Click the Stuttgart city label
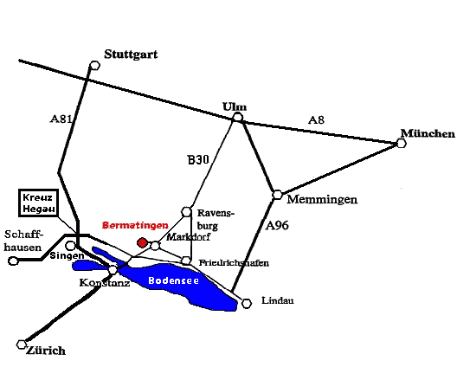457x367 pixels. point(131,55)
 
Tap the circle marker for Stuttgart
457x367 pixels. point(94,65)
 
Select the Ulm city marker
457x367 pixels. point(238,117)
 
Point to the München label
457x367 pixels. point(428,133)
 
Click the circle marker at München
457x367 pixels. point(402,143)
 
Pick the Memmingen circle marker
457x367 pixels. point(278,195)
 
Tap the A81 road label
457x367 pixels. point(61,119)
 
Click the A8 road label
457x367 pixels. point(316,119)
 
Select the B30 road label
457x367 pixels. point(198,160)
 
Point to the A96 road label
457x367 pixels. point(277,225)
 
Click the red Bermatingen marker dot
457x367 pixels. point(142,242)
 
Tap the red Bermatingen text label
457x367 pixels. point(135,225)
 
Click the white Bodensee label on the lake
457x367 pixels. point(173,280)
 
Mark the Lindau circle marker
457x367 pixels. point(247,304)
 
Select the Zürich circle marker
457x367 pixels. point(22,344)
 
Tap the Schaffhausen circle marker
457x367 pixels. point(13,261)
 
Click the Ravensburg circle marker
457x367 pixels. point(186,212)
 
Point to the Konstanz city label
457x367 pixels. point(105,282)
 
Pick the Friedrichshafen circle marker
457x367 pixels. point(186,261)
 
